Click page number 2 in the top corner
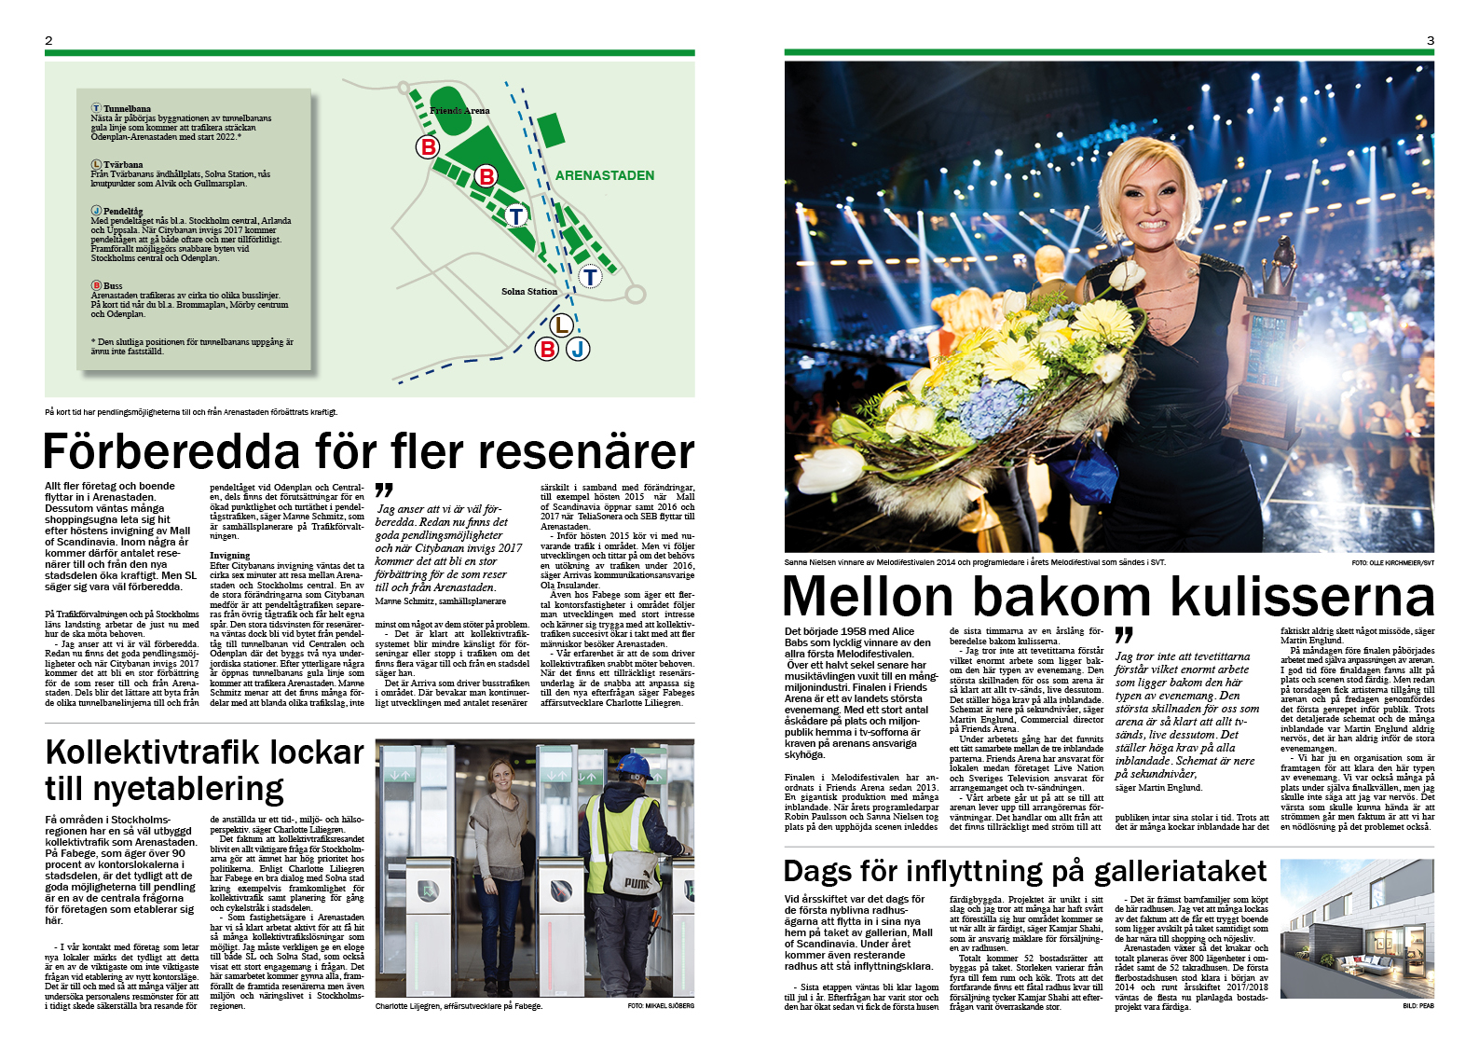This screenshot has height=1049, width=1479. tap(48, 40)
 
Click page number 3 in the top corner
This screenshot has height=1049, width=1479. tap(1430, 40)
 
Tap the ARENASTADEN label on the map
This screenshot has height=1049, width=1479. tap(604, 175)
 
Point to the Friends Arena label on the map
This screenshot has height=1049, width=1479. tap(459, 110)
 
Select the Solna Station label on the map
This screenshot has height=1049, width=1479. tap(529, 292)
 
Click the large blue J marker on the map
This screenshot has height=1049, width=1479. tap(578, 349)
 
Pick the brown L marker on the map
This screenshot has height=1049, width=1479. tap(560, 324)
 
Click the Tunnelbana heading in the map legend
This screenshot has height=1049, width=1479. tap(127, 109)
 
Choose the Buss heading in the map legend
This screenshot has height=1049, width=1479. tap(113, 285)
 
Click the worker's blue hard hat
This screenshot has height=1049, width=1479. tap(637, 766)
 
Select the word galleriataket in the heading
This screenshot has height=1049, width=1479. tap(1180, 871)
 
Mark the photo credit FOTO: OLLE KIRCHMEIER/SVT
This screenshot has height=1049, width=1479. tap(1392, 562)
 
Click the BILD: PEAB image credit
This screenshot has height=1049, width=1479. tap(1417, 1006)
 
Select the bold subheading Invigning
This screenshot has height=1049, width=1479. tap(229, 555)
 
